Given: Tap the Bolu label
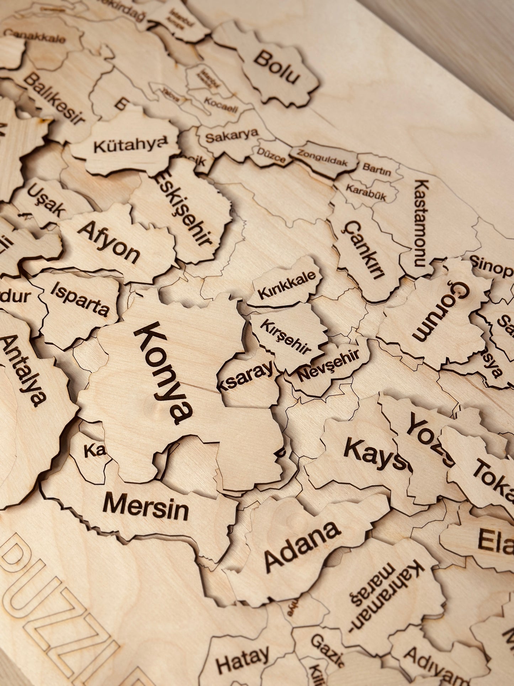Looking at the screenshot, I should [x=277, y=67].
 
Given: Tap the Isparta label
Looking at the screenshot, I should [x=80, y=299].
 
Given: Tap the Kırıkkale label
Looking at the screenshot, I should [x=287, y=285].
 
